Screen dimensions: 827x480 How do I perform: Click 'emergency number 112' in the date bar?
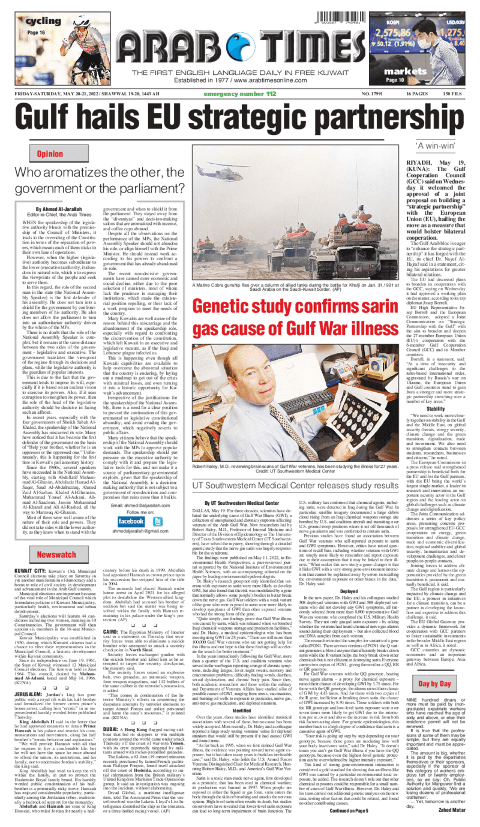click(x=239, y=94)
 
